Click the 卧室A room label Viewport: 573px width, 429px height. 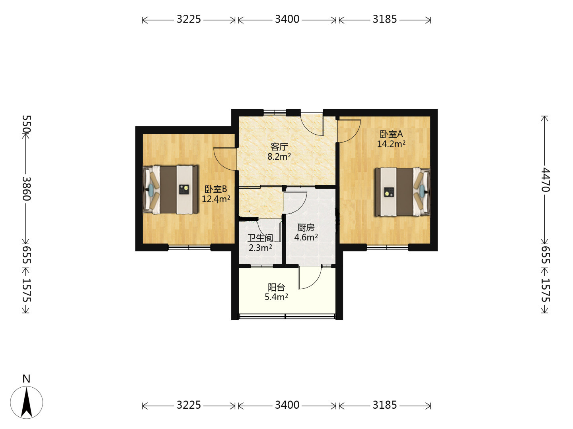pos(391,134)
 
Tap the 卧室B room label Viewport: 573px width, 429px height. pos(215,189)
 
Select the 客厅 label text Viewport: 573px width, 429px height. pos(279,147)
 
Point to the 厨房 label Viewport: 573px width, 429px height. pos(306,228)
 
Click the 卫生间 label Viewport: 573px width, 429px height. pos(260,238)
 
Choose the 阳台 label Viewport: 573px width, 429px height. pos(276,287)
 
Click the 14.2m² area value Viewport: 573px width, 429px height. pos(391,144)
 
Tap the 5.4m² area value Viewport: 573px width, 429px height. pos(276,297)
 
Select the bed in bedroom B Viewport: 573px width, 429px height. pos(170,189)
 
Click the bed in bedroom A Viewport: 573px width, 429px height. pos(402,192)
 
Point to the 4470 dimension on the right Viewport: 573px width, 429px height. pos(545,180)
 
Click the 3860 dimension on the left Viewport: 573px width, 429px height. pos(26,189)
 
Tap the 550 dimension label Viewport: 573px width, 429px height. pos(26,124)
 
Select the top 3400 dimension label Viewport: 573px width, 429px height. pos(287,19)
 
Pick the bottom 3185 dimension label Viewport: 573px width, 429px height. pos(384,405)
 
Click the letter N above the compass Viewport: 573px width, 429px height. pos(26,379)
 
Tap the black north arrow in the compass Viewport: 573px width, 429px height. pos(27,402)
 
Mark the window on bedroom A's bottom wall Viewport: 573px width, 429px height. pos(388,247)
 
